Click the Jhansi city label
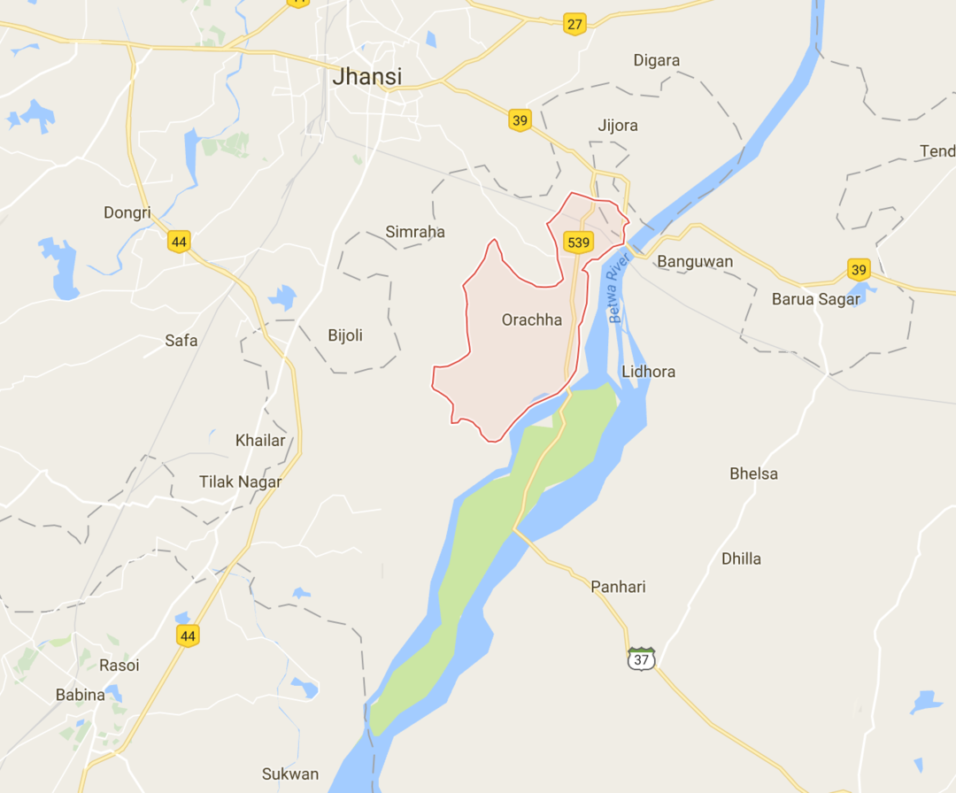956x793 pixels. coord(366,77)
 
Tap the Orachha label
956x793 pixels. coord(531,320)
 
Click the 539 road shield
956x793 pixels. coord(578,242)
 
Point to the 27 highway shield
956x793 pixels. coord(575,24)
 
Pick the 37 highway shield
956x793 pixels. coord(642,658)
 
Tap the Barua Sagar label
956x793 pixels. coord(815,299)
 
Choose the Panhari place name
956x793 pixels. coord(619,587)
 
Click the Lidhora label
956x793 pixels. coord(648,372)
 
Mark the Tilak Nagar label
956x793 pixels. coord(240,482)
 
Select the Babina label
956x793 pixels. coord(81,695)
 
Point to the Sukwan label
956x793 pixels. coord(289,774)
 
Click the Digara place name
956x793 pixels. coord(657,61)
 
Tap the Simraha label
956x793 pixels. coord(415,232)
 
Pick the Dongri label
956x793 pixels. coord(127,212)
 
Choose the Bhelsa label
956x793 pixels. coord(753,473)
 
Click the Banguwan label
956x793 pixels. coord(695,262)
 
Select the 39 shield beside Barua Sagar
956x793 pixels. coord(858,269)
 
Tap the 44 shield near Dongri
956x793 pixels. coord(180,240)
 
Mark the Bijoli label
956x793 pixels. coord(345,335)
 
